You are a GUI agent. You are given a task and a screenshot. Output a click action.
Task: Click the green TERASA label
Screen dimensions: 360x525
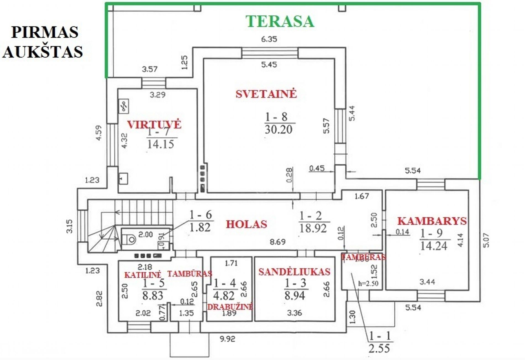(280, 22)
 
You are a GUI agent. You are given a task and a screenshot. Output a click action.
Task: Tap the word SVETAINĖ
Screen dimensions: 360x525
(266, 94)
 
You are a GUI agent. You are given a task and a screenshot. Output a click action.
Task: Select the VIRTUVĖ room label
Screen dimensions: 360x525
(154, 124)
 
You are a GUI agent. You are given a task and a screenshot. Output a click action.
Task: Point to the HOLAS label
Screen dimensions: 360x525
(246, 224)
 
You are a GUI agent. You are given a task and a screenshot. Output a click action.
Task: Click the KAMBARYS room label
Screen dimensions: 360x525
(432, 221)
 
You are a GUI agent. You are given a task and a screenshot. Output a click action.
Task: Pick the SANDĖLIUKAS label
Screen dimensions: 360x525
(294, 272)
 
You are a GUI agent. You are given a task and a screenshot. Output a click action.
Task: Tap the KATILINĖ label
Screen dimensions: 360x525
(142, 275)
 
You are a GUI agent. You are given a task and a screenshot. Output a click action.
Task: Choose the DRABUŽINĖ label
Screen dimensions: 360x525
(230, 307)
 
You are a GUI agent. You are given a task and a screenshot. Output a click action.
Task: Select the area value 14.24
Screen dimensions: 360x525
(434, 246)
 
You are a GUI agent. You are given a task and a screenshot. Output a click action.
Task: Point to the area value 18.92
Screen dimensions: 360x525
(313, 228)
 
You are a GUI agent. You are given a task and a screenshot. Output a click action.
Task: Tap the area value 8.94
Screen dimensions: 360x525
(295, 296)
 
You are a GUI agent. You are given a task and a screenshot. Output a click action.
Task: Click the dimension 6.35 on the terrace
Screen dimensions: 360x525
(269, 39)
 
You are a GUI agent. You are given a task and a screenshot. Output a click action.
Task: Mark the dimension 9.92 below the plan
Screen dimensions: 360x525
(227, 339)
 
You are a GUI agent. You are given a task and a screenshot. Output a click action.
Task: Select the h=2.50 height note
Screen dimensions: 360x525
(368, 283)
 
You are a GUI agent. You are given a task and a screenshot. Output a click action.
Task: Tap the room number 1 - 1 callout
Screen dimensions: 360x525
(380, 336)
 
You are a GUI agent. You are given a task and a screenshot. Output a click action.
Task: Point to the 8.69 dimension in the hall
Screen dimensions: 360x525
(278, 242)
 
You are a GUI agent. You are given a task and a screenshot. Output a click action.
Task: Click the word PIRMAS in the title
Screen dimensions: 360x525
(45, 32)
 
